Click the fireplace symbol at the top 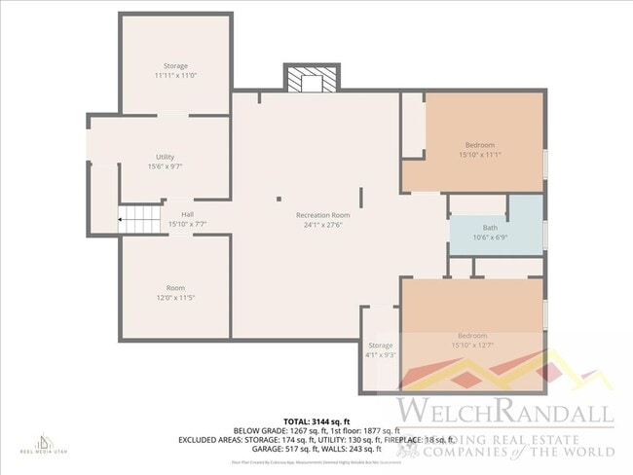[x=312, y=79]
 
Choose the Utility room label [x=166, y=157]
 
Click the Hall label [x=187, y=214]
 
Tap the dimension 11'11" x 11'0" [x=175, y=76]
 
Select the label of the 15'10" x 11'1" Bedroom [x=479, y=145]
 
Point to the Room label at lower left [x=175, y=287]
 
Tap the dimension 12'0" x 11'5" [x=175, y=297]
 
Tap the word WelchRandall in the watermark [x=503, y=411]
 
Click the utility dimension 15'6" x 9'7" [x=166, y=166]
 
